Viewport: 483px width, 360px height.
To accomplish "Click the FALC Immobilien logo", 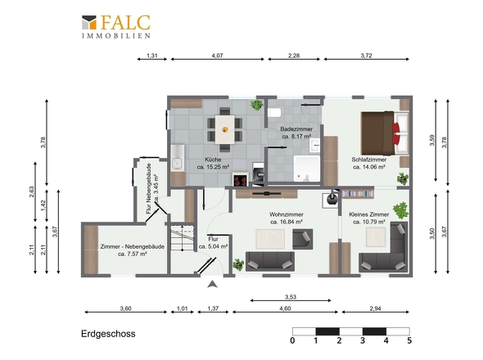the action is (x=116, y=27).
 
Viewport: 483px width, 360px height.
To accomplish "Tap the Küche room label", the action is (x=213, y=160).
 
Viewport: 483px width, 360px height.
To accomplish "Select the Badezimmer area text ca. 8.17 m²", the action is (x=296, y=136).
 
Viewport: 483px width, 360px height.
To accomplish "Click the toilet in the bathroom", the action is (x=274, y=113).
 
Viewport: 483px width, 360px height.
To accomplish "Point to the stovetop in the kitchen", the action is (x=240, y=180).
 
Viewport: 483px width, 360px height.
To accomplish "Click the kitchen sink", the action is (x=178, y=158).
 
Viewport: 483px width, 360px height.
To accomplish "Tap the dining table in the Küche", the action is (x=224, y=129).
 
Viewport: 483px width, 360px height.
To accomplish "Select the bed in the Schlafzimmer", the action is (x=385, y=133).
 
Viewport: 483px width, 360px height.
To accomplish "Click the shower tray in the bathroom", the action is (x=307, y=169).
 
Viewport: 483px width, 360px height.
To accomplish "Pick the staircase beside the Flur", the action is (x=183, y=238).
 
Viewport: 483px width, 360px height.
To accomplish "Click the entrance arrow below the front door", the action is (x=212, y=284).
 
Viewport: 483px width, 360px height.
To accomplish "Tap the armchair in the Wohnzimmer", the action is (x=303, y=239).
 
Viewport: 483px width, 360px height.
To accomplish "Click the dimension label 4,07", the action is (x=218, y=56).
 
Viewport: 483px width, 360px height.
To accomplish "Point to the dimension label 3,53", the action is (x=291, y=297).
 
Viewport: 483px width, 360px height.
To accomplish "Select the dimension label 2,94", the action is (x=376, y=308).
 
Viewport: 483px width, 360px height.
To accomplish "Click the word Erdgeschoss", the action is (x=108, y=334).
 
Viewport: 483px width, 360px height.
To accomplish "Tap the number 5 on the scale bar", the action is (x=409, y=340).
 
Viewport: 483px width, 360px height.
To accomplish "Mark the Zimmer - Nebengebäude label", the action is (x=132, y=246).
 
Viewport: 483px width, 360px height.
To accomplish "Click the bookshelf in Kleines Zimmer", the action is (x=358, y=194).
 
